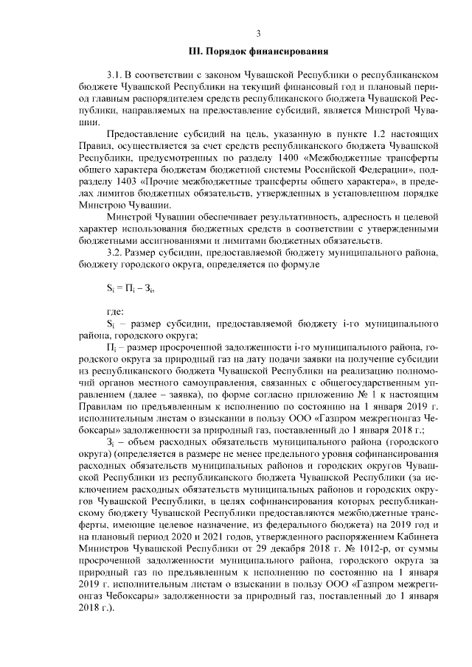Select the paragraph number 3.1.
(114, 75)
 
